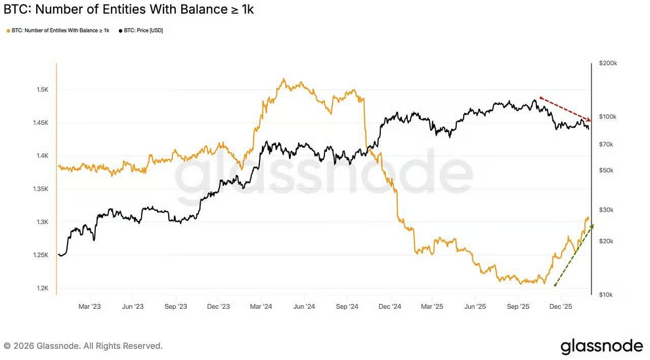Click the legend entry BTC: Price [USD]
coord(141,30)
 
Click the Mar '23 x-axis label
coord(89,306)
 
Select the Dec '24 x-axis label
coord(390,306)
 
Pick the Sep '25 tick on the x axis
coord(519,306)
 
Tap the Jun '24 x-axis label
coord(304,306)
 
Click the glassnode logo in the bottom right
coord(601,346)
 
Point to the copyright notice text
coord(83,346)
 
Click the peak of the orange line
coord(283,79)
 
